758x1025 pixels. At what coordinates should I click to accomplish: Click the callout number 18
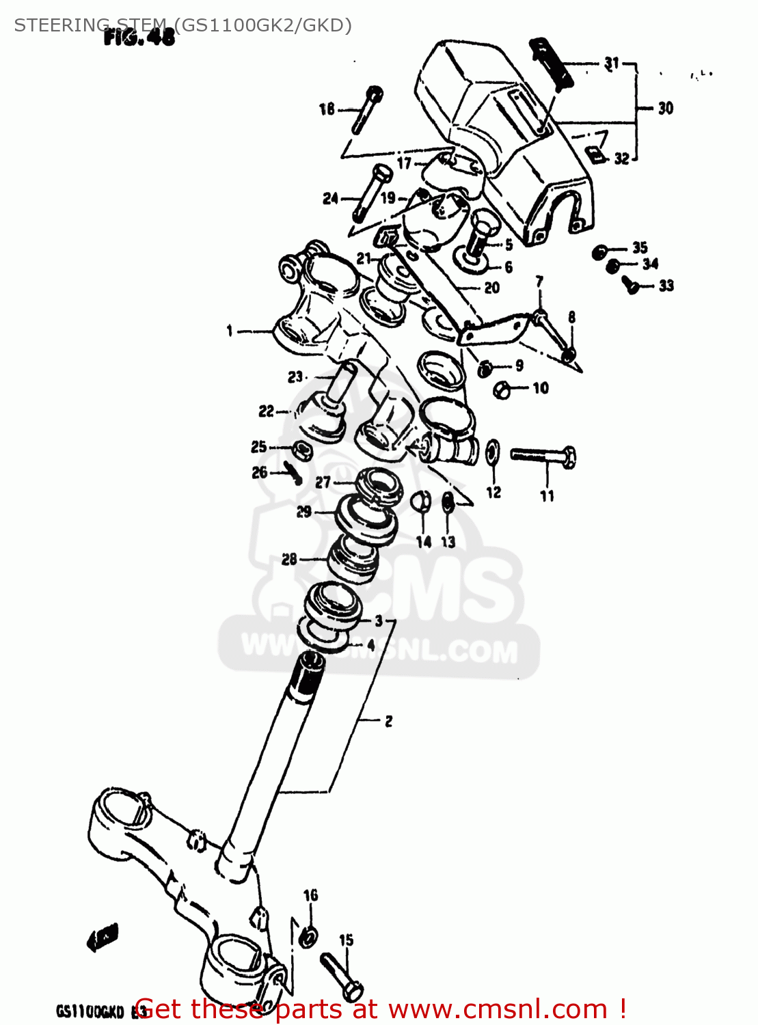coord(327,109)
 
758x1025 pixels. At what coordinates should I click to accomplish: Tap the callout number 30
coord(666,108)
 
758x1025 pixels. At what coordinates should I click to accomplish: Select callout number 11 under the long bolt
coord(547,497)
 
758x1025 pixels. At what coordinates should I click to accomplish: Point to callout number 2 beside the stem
coord(388,721)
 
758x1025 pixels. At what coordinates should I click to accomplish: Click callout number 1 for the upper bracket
coord(230,331)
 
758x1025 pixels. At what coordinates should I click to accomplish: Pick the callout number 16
coord(311,895)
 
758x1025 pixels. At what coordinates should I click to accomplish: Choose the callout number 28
coord(289,560)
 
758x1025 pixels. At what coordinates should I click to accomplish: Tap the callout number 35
coord(640,247)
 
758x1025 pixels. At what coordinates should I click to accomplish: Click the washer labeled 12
coord(492,453)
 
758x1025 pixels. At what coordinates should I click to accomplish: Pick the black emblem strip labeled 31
coord(552,64)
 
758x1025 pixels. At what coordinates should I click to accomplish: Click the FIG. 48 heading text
coord(139,38)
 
